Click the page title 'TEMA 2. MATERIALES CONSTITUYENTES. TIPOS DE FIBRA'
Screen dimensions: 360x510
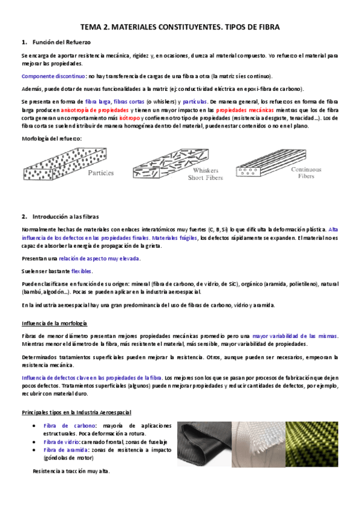180,28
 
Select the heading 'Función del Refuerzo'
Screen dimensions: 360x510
56,42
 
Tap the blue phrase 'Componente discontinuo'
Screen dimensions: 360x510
53,76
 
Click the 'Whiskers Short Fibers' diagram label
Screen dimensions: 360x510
206,174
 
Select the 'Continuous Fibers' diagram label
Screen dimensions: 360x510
307,173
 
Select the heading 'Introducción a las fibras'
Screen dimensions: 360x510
65,216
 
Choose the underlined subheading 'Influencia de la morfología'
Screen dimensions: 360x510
54,324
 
